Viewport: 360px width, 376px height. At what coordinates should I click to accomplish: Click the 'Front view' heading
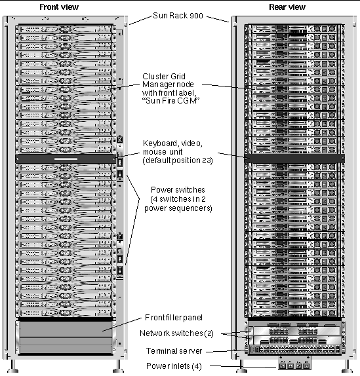click(x=59, y=7)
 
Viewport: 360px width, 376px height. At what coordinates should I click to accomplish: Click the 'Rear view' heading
click(x=287, y=7)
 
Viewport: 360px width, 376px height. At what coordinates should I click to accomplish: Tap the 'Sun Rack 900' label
click(x=178, y=16)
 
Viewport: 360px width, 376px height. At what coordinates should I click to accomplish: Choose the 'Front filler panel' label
click(x=174, y=318)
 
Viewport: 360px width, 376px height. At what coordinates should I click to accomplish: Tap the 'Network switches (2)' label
click(x=176, y=333)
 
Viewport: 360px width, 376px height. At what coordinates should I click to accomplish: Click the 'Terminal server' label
click(x=174, y=351)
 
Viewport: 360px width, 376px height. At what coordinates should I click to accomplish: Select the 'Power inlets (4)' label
click(x=174, y=366)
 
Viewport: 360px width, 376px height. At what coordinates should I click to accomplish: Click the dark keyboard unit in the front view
click(x=66, y=159)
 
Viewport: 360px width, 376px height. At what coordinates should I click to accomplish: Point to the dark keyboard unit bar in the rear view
click(x=294, y=159)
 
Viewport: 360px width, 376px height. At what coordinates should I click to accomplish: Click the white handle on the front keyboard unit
click(x=66, y=159)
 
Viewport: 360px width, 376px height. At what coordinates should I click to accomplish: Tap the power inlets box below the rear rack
click(x=294, y=363)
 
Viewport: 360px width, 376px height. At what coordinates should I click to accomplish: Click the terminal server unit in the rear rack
click(x=294, y=349)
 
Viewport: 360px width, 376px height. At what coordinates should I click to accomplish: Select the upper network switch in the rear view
click(x=295, y=331)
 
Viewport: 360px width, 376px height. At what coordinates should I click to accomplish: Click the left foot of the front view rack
click(x=12, y=366)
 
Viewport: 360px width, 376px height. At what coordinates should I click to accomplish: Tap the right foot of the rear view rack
click(x=347, y=366)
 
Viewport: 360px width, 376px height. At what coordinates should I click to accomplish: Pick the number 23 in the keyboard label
click(x=206, y=160)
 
